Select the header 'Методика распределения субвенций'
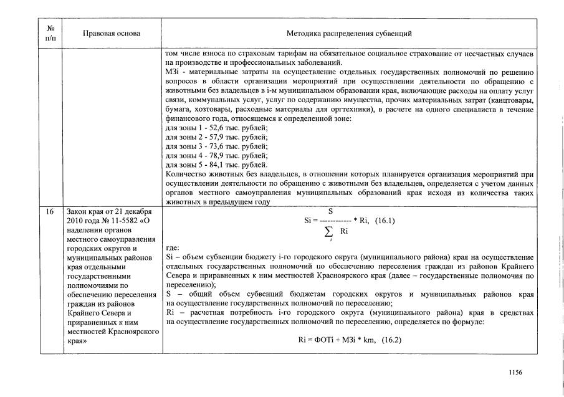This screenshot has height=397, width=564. [x=349, y=33]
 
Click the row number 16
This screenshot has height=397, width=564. [x=50, y=212]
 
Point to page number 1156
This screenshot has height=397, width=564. [x=515, y=373]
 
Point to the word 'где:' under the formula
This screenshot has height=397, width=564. [x=173, y=247]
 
